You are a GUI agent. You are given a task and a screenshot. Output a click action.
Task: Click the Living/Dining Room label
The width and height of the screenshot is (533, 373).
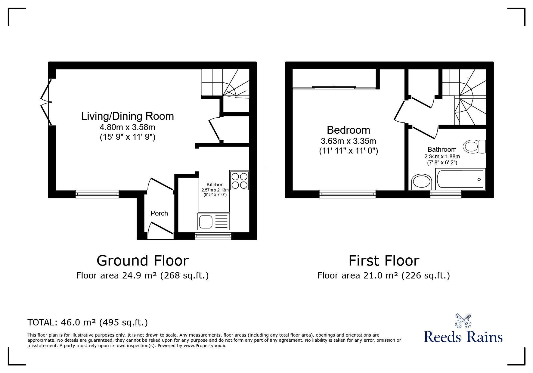(127, 116)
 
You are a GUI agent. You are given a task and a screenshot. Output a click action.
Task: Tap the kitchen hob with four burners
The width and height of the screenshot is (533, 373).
(239, 180)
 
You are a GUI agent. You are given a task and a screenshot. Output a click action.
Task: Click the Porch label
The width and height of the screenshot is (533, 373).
(159, 213)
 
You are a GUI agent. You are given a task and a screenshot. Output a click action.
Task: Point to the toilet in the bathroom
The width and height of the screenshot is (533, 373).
(474, 147)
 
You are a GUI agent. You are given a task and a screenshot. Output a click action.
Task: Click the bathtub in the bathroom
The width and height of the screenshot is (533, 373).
(460, 179)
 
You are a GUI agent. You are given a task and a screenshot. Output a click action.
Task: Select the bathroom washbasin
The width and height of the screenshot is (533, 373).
(421, 182)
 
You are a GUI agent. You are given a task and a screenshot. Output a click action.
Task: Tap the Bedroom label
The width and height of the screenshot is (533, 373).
(349, 130)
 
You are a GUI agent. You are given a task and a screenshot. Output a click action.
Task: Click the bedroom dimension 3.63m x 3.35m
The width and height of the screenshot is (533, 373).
(349, 141)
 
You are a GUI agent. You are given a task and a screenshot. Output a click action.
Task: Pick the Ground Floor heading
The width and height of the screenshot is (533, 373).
(143, 261)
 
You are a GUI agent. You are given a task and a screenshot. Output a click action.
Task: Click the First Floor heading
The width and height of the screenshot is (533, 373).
(384, 261)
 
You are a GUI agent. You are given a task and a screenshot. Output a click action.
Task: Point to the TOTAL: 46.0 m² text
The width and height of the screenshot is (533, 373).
(88, 322)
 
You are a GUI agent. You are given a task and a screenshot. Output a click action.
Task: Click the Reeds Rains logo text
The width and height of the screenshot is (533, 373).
(463, 337)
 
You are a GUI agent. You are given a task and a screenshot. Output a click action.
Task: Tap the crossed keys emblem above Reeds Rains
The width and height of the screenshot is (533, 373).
(463, 321)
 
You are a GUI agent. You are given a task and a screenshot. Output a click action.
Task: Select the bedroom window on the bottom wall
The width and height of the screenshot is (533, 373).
(347, 194)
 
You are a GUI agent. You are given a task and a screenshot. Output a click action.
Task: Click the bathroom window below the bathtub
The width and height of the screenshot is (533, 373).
(446, 194)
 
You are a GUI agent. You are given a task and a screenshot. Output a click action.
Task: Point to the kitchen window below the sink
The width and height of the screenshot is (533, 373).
(213, 236)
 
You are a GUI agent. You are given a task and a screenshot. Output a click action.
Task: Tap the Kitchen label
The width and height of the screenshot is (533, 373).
(215, 185)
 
